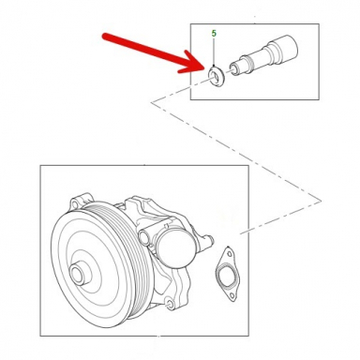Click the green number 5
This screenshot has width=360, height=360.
click(x=214, y=34)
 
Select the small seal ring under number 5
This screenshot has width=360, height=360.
click(x=214, y=74)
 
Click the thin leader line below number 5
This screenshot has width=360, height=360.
click(x=214, y=52)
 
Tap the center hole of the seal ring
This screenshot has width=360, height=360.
click(x=214, y=74)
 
